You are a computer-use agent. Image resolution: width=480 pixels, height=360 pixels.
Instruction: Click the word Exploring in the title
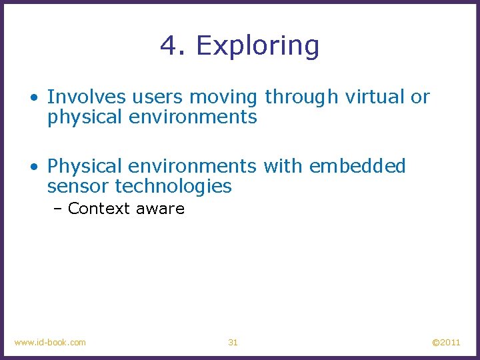click(257, 46)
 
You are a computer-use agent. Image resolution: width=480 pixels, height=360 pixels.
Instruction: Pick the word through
click(302, 98)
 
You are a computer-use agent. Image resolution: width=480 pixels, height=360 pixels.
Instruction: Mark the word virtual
click(375, 97)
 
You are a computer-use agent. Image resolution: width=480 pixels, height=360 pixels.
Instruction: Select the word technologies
click(174, 187)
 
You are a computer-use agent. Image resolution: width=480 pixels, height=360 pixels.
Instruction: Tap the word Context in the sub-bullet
click(99, 209)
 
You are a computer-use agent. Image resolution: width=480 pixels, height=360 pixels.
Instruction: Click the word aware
click(160, 209)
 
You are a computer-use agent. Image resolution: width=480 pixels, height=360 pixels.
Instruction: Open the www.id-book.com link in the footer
click(50, 342)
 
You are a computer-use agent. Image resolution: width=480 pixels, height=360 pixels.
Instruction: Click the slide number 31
click(233, 342)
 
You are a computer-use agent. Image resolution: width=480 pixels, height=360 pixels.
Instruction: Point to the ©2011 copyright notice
click(446, 342)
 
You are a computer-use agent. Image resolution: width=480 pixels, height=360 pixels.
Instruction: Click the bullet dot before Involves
click(33, 98)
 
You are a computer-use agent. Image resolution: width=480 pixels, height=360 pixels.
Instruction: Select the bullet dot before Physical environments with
click(33, 167)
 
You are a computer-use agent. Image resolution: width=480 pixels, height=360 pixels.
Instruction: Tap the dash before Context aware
click(59, 209)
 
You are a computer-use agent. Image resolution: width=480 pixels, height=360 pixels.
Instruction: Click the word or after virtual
click(420, 97)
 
